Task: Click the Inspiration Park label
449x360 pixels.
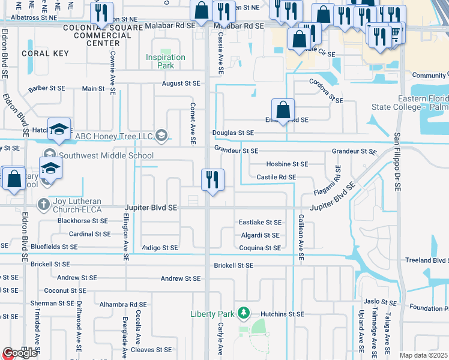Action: [x=165, y=61]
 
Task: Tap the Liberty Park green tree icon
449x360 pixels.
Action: [x=244, y=313]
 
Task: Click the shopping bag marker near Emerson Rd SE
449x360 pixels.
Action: [x=283, y=110]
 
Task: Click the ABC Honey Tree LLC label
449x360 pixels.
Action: [x=114, y=136]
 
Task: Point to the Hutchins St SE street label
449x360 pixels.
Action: [x=282, y=314]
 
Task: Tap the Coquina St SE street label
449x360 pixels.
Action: [x=260, y=248]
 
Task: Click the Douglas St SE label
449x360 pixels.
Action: [x=233, y=133]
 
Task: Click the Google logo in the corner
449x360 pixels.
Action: [x=19, y=353]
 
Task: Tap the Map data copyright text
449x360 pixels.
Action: [x=424, y=355]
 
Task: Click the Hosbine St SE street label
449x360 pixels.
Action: [x=287, y=164]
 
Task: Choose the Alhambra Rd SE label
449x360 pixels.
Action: [x=123, y=304]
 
